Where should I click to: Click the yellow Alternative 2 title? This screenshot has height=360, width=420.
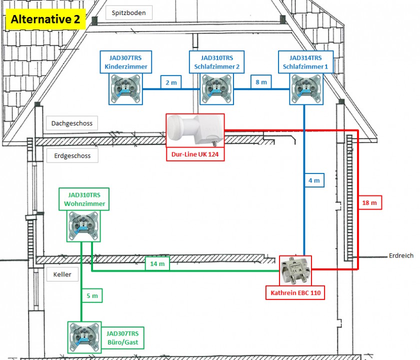tap(45, 20)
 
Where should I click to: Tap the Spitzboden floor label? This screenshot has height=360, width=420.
tap(129, 13)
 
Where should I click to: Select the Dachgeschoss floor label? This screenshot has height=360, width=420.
tap(72, 123)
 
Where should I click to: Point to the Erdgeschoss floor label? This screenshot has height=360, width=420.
tap(72, 155)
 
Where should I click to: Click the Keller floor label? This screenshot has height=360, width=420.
tap(62, 274)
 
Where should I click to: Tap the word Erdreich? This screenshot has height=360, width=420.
tap(401, 255)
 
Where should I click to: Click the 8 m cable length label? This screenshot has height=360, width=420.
tap(261, 82)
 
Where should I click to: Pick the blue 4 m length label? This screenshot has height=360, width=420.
tap(313, 180)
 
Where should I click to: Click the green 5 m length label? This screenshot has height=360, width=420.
tap(92, 296)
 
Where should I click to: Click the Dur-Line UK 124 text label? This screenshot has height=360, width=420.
tap(195, 155)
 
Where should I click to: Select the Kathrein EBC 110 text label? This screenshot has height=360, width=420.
tap(295, 292)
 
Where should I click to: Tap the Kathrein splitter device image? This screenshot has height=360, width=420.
tap(295, 270)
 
